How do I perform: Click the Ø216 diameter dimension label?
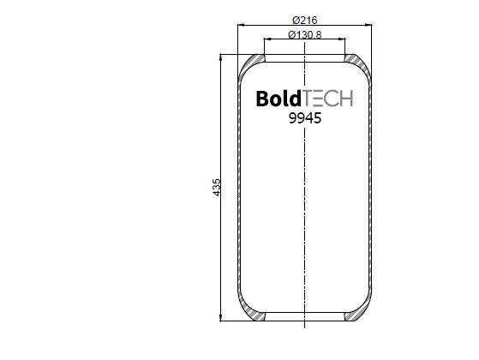pyautogui.click(x=304, y=21)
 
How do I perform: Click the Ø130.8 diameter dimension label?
pyautogui.click(x=304, y=34)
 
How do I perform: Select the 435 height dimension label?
pyautogui.click(x=216, y=188)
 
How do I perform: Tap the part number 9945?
pyautogui.click(x=305, y=118)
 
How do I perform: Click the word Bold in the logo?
pyautogui.click(x=278, y=99)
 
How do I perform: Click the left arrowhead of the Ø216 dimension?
pyautogui.click(x=241, y=25)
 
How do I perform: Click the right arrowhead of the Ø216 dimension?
pyautogui.click(x=368, y=25)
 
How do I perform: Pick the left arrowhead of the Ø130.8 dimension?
pyautogui.click(x=267, y=39)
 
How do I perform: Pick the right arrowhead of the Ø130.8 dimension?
pyautogui.click(x=342, y=39)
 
